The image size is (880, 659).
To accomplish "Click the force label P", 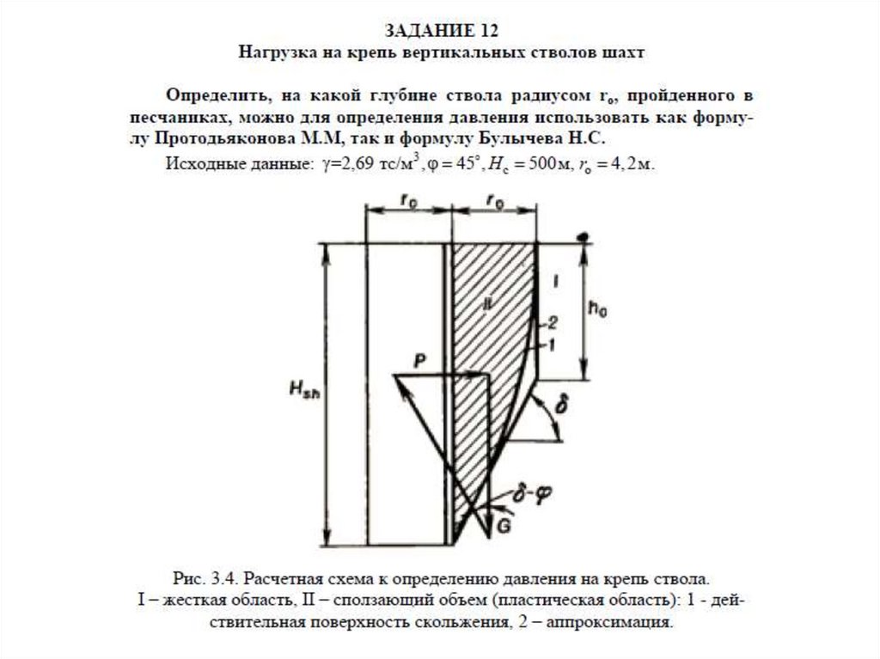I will tap(419, 361).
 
